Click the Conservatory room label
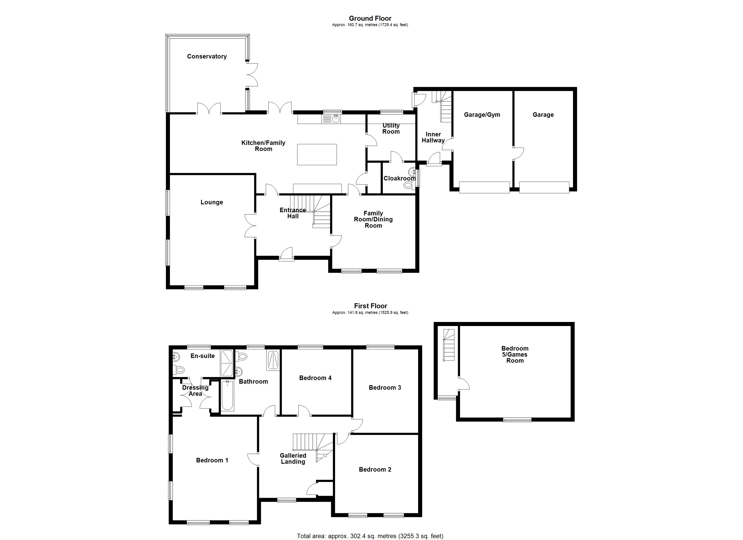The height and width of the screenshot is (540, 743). tap(207, 56)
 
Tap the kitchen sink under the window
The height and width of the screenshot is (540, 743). tap(331, 119)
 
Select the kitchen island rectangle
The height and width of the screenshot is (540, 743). tap(317, 154)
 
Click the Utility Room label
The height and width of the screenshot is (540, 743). tap(391, 128)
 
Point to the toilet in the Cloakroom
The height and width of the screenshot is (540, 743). tap(408, 185)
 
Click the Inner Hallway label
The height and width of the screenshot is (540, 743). tap(433, 137)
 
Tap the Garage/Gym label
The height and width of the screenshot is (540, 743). tap(482, 115)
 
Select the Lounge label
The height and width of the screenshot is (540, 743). tap(212, 202)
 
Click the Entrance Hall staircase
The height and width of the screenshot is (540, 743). tap(311, 209)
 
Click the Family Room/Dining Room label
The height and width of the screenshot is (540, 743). tap(373, 219)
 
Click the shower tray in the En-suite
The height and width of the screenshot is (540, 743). tap(226, 363)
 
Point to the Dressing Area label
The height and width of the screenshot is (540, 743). tap(195, 391)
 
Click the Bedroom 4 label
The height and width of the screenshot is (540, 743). tap(315, 378)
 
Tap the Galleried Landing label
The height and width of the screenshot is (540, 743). tap(293, 459)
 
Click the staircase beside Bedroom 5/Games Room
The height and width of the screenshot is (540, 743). tap(449, 345)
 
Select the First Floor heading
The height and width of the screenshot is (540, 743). tap(371, 306)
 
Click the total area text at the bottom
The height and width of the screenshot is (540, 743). tap(370, 536)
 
